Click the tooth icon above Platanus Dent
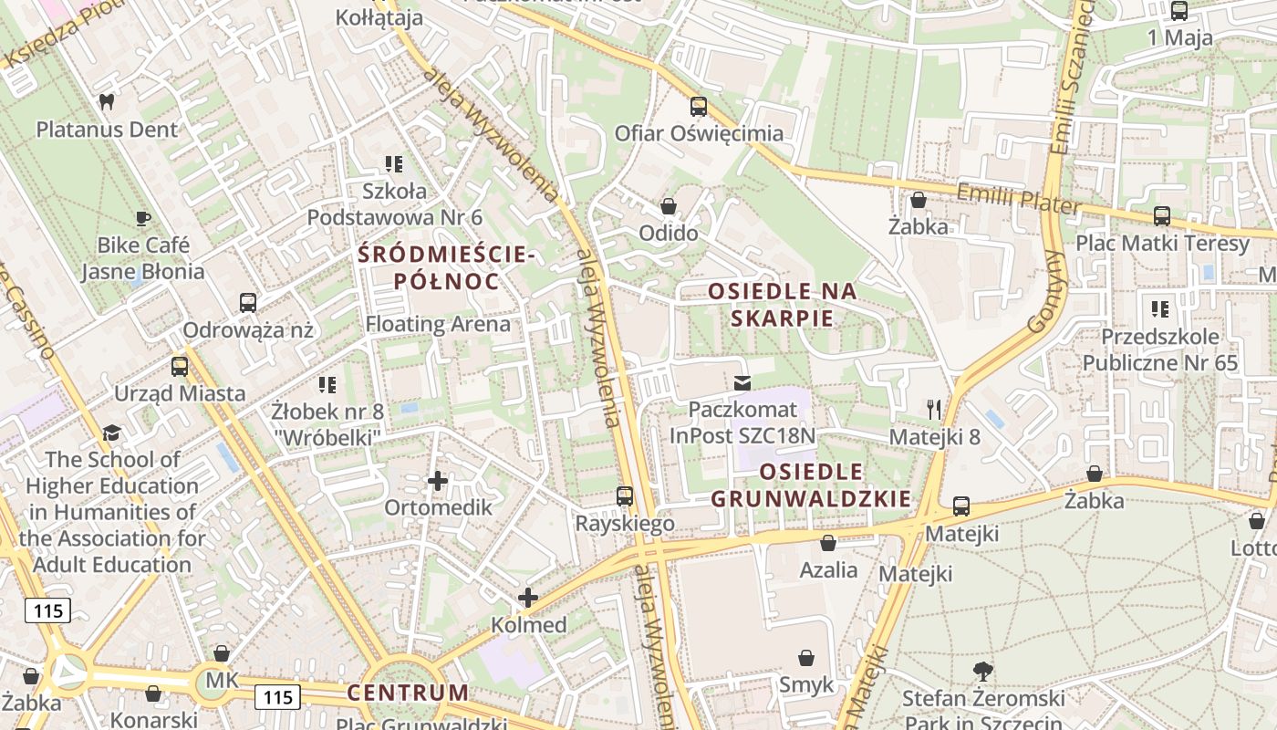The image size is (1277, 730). click(106, 101)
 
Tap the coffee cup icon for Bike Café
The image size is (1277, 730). click(143, 218)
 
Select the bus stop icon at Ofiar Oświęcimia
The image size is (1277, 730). click(699, 106)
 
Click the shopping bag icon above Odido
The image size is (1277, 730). click(669, 206)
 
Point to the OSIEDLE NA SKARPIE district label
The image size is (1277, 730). click(783, 305)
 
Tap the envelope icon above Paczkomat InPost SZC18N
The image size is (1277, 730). click(742, 382)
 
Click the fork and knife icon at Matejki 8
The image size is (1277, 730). click(934, 409)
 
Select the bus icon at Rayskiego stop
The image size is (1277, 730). click(625, 496)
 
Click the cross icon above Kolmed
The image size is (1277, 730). click(528, 598)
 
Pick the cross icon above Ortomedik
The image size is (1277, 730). click(438, 480)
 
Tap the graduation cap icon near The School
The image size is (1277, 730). click(112, 433)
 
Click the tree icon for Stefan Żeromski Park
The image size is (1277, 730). click(983, 672)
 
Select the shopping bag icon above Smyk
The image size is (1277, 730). click(806, 657)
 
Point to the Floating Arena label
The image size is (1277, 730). click(438, 324)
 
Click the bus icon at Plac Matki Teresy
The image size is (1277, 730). click(1162, 216)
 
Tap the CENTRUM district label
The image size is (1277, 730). click(408, 693)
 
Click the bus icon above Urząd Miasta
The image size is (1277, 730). click(180, 367)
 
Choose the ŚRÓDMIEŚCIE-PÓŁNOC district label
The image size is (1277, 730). click(446, 267)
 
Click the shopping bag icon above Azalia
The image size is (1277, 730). click(828, 543)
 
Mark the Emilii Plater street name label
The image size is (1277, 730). click(1016, 200)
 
